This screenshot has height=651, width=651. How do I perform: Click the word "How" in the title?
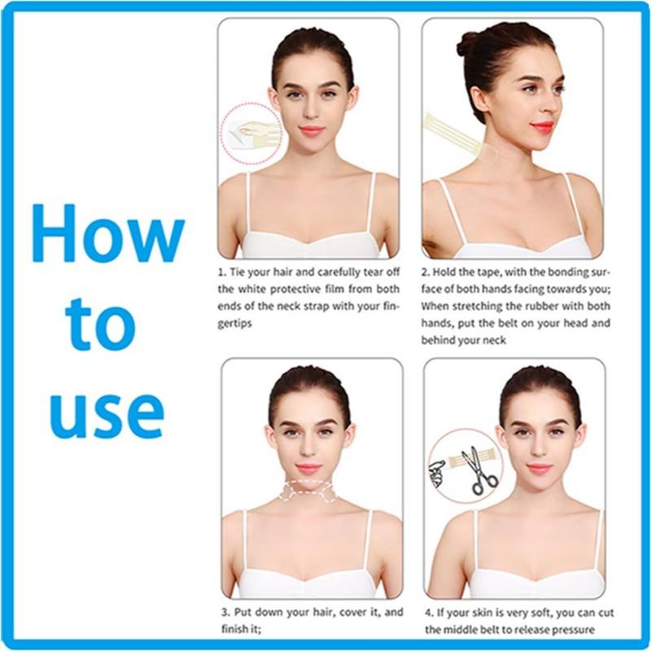[108, 233]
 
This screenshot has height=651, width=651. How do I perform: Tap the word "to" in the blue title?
[100, 324]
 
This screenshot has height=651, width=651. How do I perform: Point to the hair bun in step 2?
[470, 44]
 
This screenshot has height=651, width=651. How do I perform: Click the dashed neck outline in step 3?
[308, 491]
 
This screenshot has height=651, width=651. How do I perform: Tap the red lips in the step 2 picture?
[542, 126]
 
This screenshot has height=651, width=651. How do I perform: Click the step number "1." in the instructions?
[222, 273]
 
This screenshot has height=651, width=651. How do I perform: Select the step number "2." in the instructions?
[426, 273]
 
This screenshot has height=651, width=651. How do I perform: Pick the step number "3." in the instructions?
[225, 613]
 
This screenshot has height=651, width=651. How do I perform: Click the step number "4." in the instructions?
[430, 613]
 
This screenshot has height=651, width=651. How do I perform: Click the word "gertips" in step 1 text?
[234, 324]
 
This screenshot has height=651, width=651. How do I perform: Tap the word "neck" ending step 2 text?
[495, 340]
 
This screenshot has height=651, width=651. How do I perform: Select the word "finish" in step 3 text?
[237, 629]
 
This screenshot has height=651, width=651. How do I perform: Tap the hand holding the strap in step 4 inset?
[436, 474]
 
